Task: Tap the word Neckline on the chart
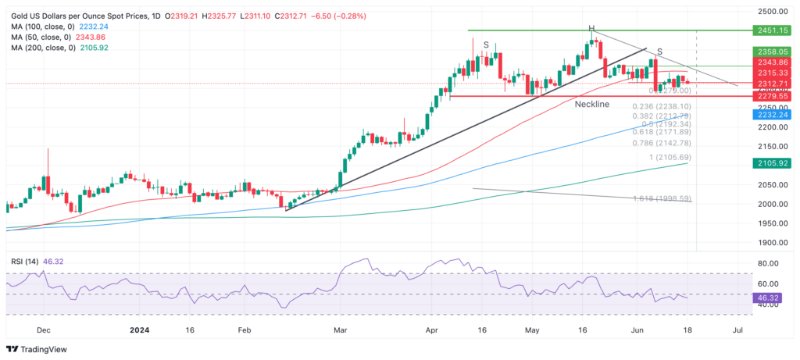pyautogui.click(x=591, y=104)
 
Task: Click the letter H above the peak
pyautogui.click(x=591, y=28)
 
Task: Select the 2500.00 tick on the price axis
pyautogui.click(x=772, y=12)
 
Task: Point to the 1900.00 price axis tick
pyautogui.click(x=772, y=243)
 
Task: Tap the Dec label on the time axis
pyautogui.click(x=44, y=330)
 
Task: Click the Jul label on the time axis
pyautogui.click(x=737, y=330)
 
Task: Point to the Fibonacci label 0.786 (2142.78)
pyautogui.click(x=662, y=143)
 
